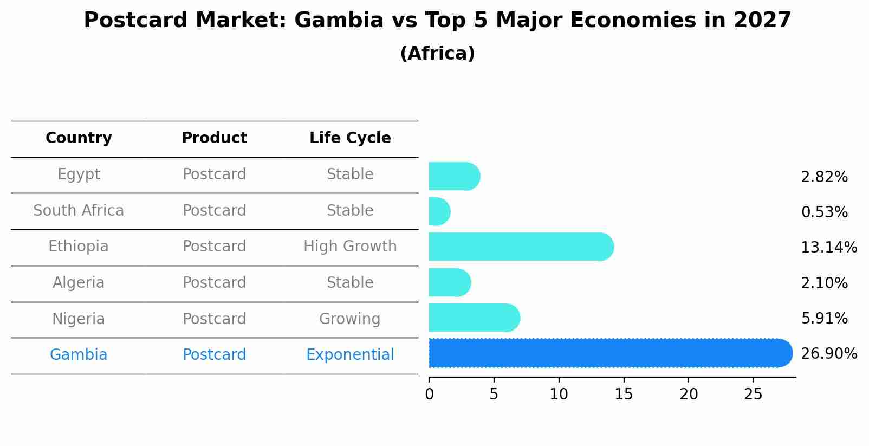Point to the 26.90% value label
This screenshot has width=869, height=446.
point(828,354)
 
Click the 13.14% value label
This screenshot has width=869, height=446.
point(828,248)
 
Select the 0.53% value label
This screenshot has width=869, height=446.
point(824,212)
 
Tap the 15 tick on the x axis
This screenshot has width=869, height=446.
point(624,395)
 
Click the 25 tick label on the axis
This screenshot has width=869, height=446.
point(753,395)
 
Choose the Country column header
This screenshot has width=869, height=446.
point(79,138)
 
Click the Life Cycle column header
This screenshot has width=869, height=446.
point(350,138)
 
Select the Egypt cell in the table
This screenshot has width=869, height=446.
point(79,174)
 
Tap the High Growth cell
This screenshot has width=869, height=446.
point(350,247)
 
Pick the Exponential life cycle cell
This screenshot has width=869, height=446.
point(350,355)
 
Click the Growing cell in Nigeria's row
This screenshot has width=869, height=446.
point(350,319)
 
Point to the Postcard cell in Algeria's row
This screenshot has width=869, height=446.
point(214,283)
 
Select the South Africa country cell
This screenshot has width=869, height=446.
point(79,211)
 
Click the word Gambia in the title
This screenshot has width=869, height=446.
point(339,21)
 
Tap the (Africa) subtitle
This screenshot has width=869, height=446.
point(437,54)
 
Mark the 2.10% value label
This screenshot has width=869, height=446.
point(824,283)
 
